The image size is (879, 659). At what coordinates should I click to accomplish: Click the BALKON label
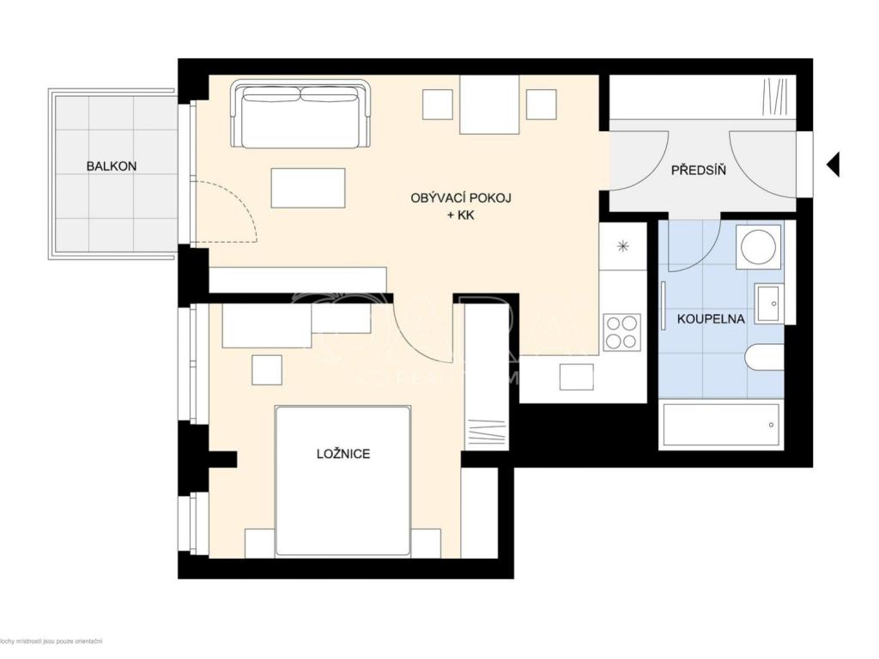[x=111, y=166]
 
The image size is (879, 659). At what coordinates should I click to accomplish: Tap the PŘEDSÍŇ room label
[x=698, y=170]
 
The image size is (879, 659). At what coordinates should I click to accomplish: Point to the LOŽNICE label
[x=343, y=453]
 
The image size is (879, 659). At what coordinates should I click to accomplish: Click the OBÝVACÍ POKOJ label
[x=461, y=198]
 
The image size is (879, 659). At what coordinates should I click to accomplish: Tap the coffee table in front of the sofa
[x=308, y=188]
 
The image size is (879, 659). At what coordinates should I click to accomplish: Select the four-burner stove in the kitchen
[x=622, y=332]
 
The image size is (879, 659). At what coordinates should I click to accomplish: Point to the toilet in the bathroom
[x=764, y=357]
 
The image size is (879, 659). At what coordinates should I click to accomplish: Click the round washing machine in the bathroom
[x=760, y=246]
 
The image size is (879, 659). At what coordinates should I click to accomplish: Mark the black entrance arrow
[x=832, y=163]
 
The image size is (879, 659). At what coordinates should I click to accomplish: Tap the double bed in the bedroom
[x=343, y=481]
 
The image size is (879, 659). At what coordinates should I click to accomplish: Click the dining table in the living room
[x=489, y=105]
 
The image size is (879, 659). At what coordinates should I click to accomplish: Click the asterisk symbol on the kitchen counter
[x=622, y=247]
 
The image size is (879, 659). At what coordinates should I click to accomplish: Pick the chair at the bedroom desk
[x=266, y=369]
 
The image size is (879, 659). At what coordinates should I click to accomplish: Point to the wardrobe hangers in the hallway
[x=777, y=96]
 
